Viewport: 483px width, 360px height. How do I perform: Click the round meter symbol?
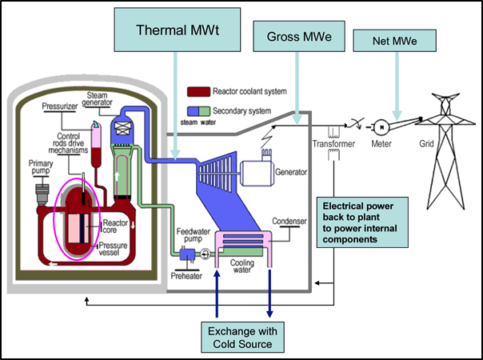point(383,126)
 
